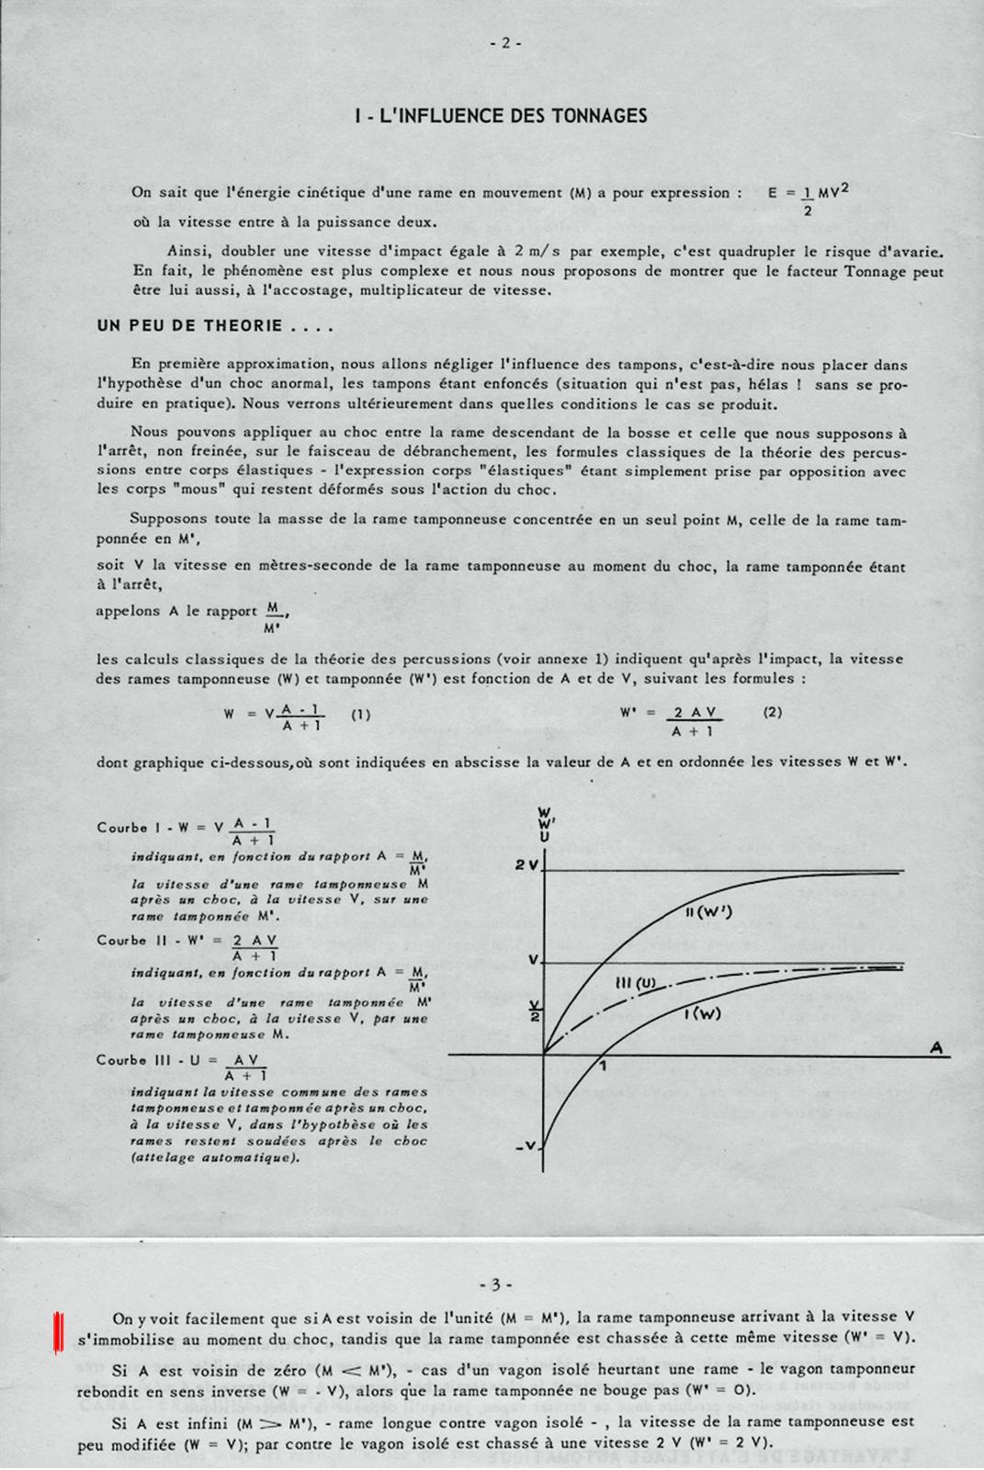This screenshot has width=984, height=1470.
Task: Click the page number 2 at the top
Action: (505, 42)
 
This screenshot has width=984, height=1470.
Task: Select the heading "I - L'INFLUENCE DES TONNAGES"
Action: (501, 116)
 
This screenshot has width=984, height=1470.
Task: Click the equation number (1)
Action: (361, 714)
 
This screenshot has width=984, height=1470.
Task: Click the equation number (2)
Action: (773, 712)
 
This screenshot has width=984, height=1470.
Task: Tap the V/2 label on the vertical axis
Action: (530, 1009)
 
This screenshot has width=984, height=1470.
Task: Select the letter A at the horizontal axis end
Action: (936, 1046)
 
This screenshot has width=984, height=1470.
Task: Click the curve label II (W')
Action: (714, 913)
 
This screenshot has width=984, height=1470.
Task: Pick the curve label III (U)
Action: (634, 984)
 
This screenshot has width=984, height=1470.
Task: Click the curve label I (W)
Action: (702, 1014)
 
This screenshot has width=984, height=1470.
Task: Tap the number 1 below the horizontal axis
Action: (603, 1067)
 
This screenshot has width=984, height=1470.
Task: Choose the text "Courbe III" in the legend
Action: (134, 1059)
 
